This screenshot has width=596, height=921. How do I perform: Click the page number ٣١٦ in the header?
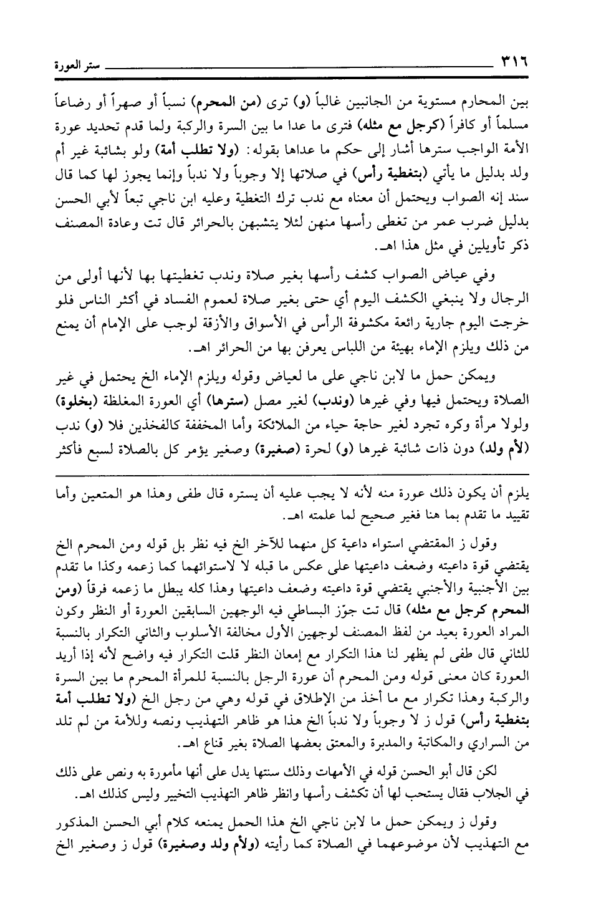click(511, 62)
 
